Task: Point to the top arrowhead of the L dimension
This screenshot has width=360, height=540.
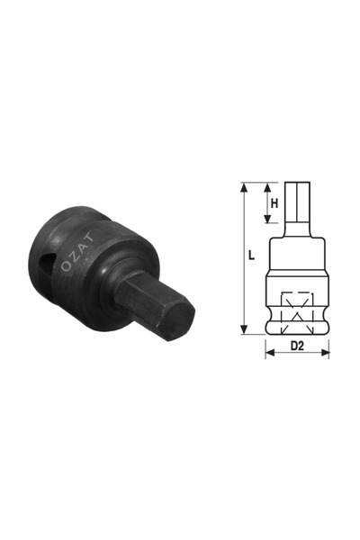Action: (x=244, y=187)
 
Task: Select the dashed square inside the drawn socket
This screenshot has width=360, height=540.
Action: (x=295, y=307)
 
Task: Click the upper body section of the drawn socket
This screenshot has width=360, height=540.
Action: (x=295, y=256)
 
